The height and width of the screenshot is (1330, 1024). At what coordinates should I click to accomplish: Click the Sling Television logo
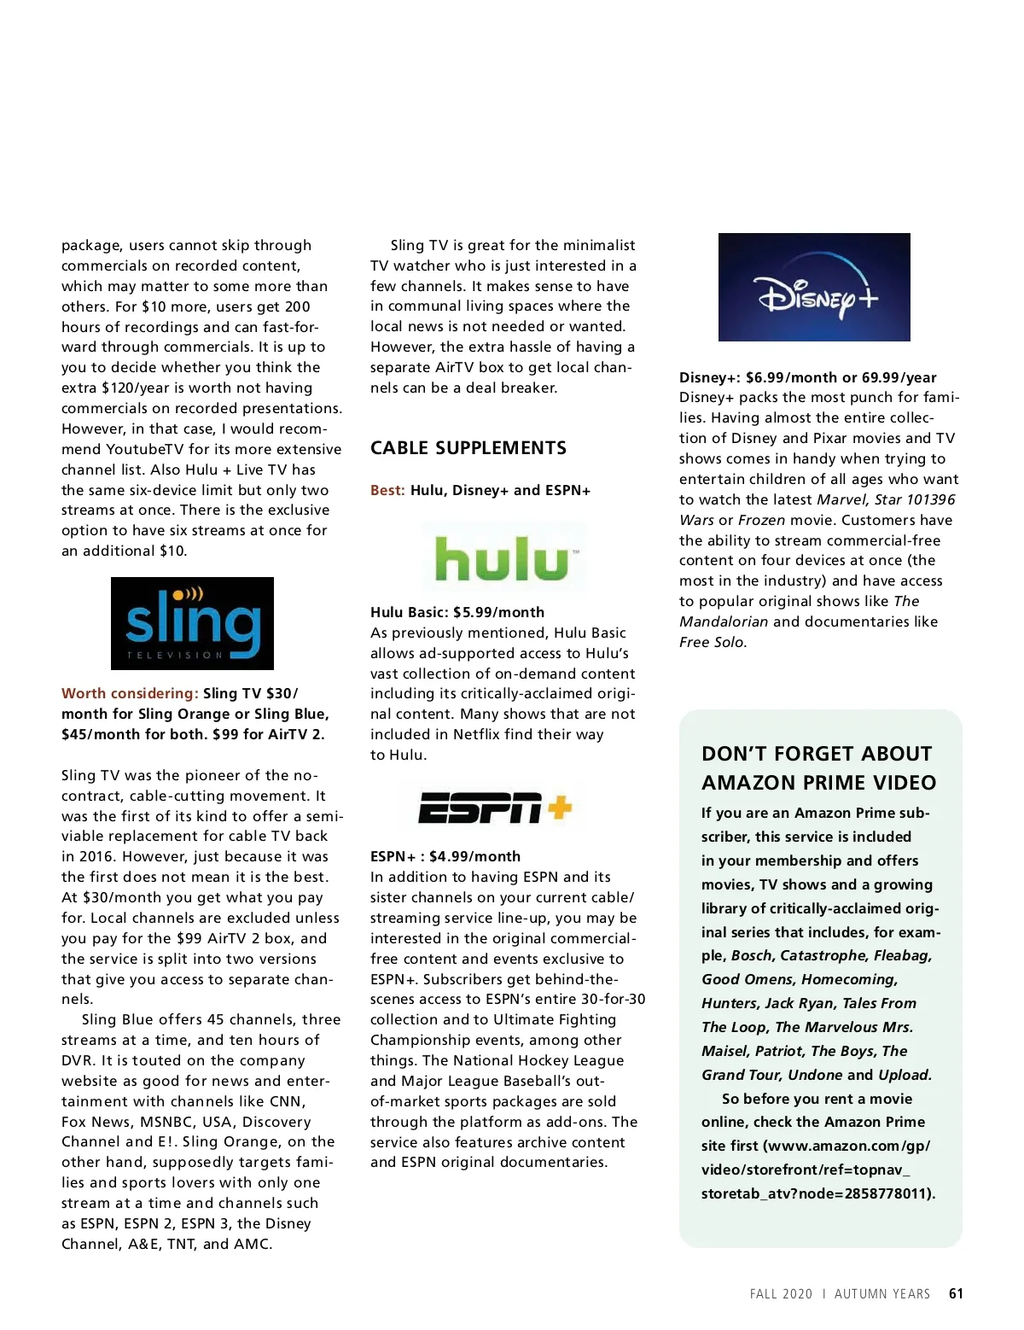click(x=192, y=623)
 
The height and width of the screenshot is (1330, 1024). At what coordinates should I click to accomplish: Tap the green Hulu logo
click(x=503, y=559)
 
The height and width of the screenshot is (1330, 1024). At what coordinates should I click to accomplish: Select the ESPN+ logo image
click(x=495, y=808)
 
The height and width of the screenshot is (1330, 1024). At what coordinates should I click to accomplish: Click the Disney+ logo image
click(x=814, y=287)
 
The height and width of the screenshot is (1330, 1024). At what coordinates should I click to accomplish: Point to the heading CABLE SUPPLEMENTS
click(x=468, y=448)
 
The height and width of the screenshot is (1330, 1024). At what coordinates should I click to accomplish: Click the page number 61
click(x=956, y=1294)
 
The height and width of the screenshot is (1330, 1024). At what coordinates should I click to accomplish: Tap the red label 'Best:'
click(x=387, y=490)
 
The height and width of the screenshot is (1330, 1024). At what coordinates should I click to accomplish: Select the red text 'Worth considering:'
click(x=130, y=693)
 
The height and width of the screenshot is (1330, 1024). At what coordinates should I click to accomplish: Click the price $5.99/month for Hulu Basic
click(x=498, y=612)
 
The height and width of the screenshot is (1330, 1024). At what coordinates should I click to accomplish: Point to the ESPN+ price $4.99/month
click(x=474, y=856)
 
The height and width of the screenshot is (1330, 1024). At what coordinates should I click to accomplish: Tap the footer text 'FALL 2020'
click(x=781, y=1294)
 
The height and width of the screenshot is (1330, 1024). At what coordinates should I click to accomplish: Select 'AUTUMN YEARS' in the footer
click(x=882, y=1294)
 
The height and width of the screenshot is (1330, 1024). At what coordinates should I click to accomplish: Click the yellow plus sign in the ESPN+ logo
click(x=559, y=806)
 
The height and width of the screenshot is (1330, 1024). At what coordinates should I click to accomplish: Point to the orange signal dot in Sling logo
click(x=178, y=594)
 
